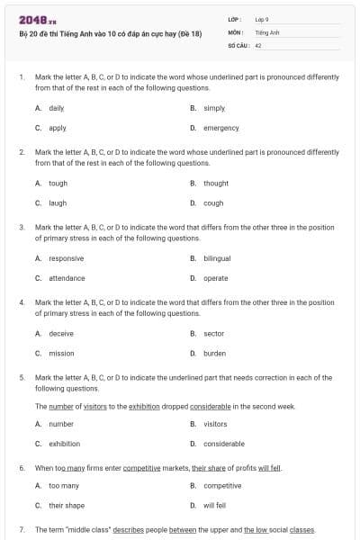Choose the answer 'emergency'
[x=220, y=128]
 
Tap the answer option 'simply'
[x=214, y=108]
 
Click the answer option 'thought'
[x=216, y=183]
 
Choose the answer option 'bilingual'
[x=217, y=258]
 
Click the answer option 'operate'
[x=215, y=278]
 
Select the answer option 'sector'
[x=213, y=333]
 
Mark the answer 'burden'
[x=214, y=354]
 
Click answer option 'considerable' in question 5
[x=223, y=444]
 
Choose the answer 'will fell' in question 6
[x=214, y=506]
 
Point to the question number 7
[x=21, y=530]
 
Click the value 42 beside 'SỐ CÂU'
[x=258, y=44]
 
